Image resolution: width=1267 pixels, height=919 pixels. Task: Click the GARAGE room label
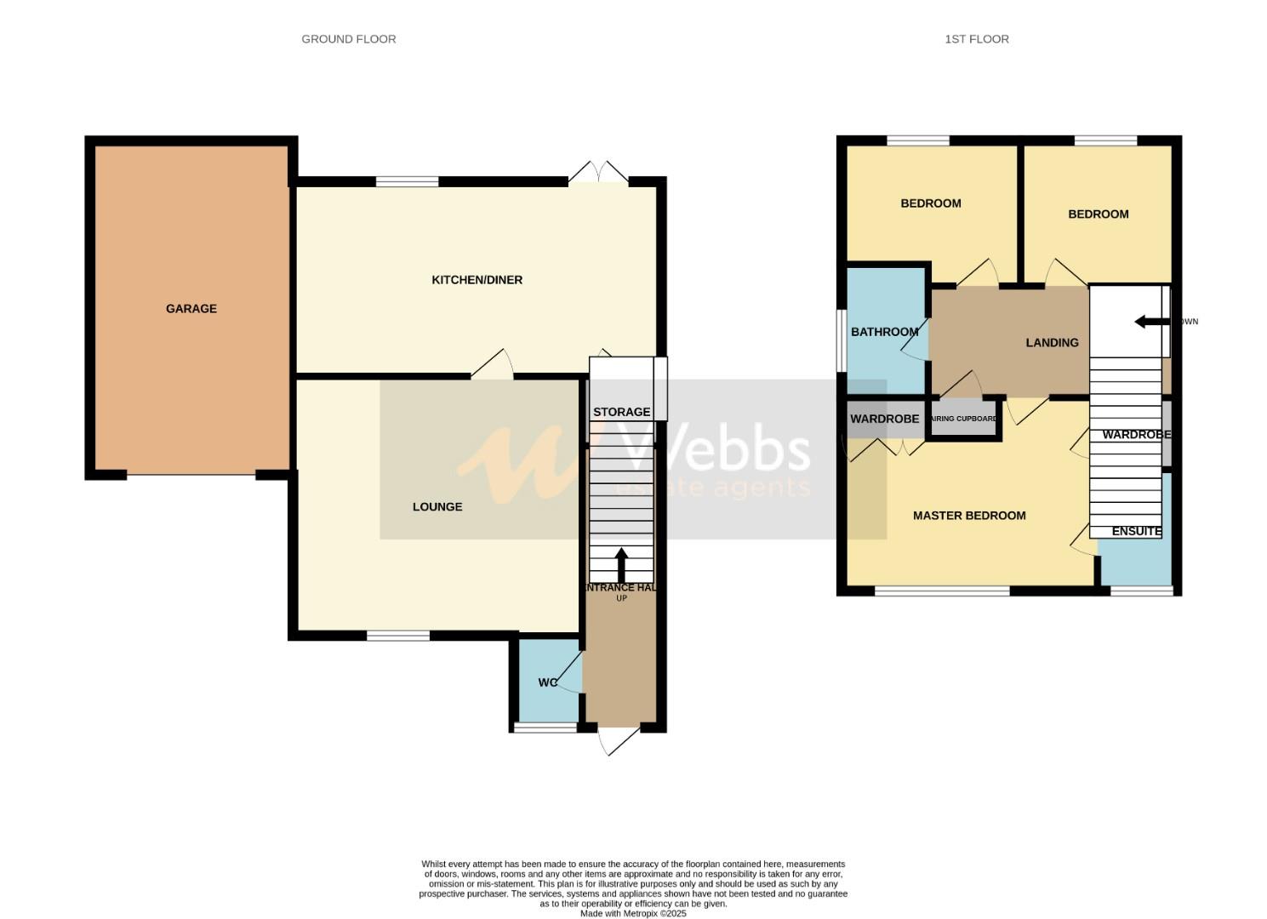coord(191,309)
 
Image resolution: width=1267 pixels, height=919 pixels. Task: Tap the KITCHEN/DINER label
coord(477,280)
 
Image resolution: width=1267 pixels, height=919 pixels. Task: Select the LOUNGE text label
coord(437,507)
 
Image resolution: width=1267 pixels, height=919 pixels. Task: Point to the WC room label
coord(547,682)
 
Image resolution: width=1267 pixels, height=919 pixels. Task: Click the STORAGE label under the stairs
coord(621,412)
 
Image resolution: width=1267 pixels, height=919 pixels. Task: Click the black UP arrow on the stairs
coord(621,564)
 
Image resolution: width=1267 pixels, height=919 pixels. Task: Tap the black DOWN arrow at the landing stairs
coord(1151,322)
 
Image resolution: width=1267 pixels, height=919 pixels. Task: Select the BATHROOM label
coord(884,332)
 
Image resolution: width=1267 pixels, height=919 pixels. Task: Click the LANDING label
coord(1052,343)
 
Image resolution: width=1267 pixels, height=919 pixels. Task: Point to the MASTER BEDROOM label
coord(969,516)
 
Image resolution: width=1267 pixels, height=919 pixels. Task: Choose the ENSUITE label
coord(1136,531)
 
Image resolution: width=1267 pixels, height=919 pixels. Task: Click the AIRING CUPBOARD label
coord(964,419)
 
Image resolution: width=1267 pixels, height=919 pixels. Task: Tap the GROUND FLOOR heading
coord(349,39)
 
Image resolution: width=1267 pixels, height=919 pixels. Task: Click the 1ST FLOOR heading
coord(977,39)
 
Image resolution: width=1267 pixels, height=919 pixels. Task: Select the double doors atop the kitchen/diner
coord(598,173)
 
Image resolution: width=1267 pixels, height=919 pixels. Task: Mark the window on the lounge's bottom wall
coord(398,636)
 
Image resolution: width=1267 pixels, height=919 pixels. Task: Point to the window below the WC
coord(545,728)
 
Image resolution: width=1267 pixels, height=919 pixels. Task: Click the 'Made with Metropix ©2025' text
coord(633,913)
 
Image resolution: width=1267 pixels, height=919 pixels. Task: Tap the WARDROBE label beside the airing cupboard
coord(884,420)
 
